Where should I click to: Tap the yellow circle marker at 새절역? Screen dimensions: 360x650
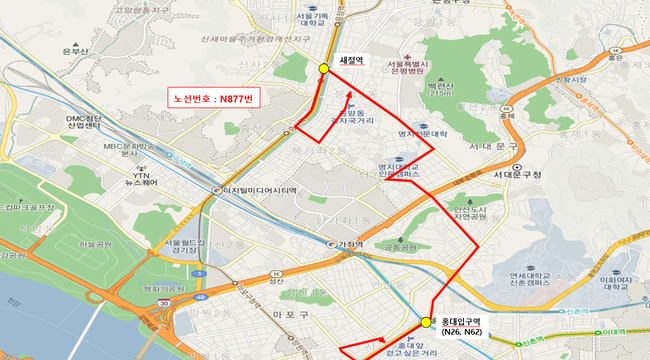pos(323,68)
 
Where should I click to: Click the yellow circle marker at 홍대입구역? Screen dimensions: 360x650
pos(427,322)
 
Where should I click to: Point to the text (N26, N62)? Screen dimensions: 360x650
pos(461,331)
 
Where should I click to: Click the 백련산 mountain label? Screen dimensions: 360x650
pos(440,90)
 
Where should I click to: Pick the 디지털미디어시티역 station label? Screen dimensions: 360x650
pos(262,189)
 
